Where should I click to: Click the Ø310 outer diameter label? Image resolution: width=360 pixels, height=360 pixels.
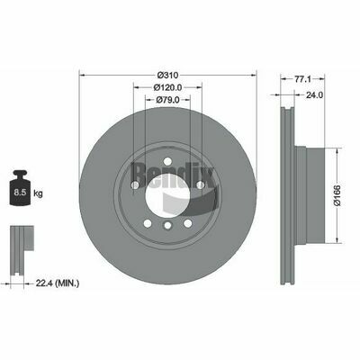tap(167, 75)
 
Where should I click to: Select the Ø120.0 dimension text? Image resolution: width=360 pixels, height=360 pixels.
tap(167, 87)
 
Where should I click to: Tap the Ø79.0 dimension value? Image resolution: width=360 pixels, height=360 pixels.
tap(167, 100)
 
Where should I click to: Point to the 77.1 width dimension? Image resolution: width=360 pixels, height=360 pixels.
tap(302, 79)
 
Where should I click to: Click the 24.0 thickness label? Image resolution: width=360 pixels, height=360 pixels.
tap(314, 95)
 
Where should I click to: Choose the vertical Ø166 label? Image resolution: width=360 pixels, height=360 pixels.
tap(337, 195)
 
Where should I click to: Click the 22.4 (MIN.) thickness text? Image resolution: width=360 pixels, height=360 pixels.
tap(58, 283)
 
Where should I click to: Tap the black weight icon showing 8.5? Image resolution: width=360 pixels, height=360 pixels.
tap(21, 188)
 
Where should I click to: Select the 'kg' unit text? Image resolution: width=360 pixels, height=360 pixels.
tap(38, 193)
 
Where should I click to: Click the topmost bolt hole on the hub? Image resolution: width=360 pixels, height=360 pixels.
tap(167, 162)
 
